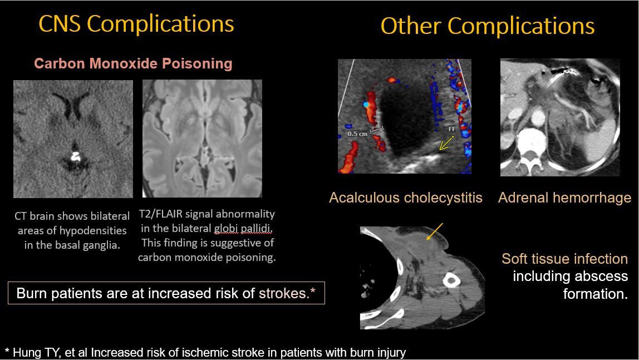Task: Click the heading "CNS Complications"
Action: tap(136, 24)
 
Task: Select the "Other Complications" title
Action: tap(487, 26)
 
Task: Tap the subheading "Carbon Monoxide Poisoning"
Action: tap(133, 63)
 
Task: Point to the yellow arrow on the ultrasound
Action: tap(445, 145)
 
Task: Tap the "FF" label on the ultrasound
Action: tap(452, 129)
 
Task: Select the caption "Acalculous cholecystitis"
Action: tap(405, 198)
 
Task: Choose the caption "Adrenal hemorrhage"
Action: tap(564, 198)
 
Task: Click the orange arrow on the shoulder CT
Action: tap(435, 231)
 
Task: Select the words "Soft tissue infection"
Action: tap(564, 259)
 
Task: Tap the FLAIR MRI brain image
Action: tap(202, 139)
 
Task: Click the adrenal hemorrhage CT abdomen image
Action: tap(559, 117)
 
